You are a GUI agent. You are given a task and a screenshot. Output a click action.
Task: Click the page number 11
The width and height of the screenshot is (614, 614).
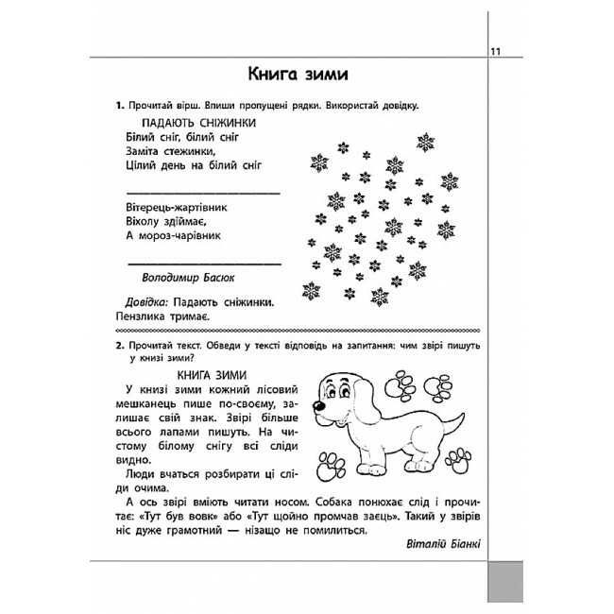[495, 51]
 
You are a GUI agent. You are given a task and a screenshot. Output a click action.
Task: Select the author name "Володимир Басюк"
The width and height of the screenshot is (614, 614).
[187, 278]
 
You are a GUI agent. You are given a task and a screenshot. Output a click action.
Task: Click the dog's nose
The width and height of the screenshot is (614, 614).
[320, 409]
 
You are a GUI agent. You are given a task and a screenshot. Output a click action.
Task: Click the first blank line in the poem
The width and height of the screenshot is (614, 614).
[202, 192]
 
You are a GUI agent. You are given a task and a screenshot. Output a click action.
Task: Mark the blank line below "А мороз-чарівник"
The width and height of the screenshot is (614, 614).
[202, 262]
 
